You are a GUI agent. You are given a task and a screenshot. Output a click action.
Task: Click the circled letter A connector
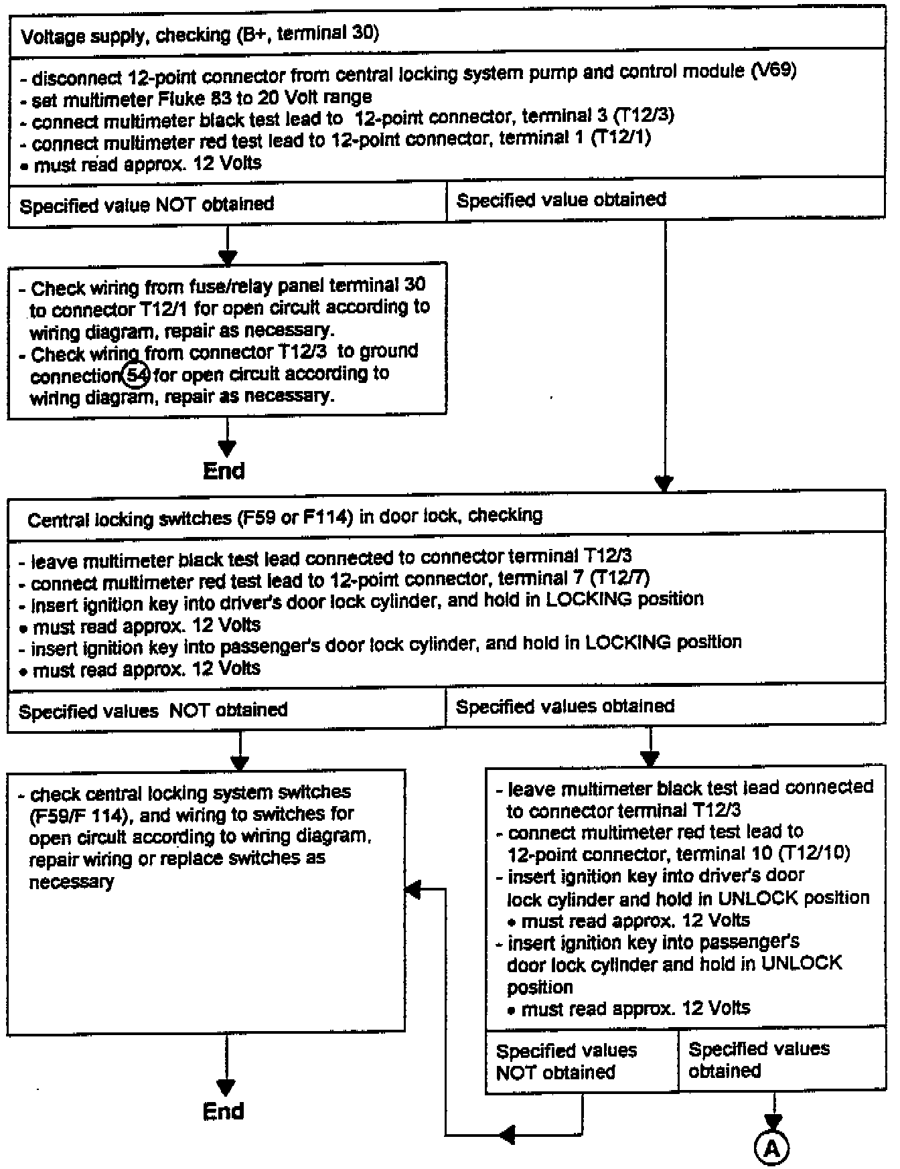point(772,1148)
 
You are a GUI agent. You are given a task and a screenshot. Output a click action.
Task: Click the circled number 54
point(137,375)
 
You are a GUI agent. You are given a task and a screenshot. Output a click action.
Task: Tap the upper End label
point(224,471)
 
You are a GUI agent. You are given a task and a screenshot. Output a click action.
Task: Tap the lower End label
point(224,1111)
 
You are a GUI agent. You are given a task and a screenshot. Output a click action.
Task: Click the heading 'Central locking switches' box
point(285,518)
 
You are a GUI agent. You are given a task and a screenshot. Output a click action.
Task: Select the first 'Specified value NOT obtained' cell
point(147,204)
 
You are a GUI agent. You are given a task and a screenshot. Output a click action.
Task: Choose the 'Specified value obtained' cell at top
point(561,200)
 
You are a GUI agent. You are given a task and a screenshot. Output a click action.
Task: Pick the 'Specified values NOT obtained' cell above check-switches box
point(153,710)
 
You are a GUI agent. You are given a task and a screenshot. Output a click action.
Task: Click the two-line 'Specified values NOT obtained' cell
point(566,1061)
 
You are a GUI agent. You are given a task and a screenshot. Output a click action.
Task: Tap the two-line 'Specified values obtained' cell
point(759,1059)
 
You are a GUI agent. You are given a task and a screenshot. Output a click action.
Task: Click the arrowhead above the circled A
point(773,1122)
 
